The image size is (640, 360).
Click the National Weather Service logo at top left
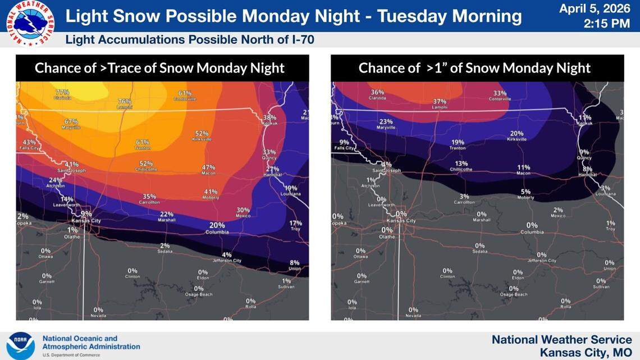point(30,23)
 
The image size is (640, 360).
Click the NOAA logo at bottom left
point(21,345)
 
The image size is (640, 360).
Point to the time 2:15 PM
point(607,24)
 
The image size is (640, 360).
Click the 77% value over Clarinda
point(62,92)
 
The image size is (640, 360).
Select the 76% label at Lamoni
point(125,102)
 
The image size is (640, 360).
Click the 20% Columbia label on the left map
point(217,226)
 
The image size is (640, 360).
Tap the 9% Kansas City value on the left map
point(86,214)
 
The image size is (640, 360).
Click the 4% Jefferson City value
point(227,254)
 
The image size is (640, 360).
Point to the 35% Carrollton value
point(149,197)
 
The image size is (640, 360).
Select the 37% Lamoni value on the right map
point(440,102)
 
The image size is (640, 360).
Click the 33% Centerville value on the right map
point(500,93)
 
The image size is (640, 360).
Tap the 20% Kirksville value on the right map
point(516,134)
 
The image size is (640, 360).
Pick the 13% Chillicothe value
point(461,163)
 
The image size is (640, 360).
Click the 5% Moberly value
point(525,192)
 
